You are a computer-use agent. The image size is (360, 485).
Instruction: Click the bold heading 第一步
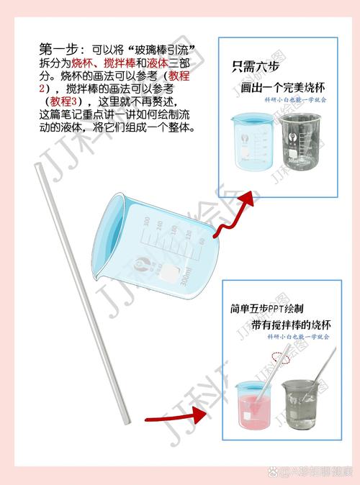pos(58,50)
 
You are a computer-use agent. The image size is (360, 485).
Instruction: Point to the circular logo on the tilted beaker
pos(143,263)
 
